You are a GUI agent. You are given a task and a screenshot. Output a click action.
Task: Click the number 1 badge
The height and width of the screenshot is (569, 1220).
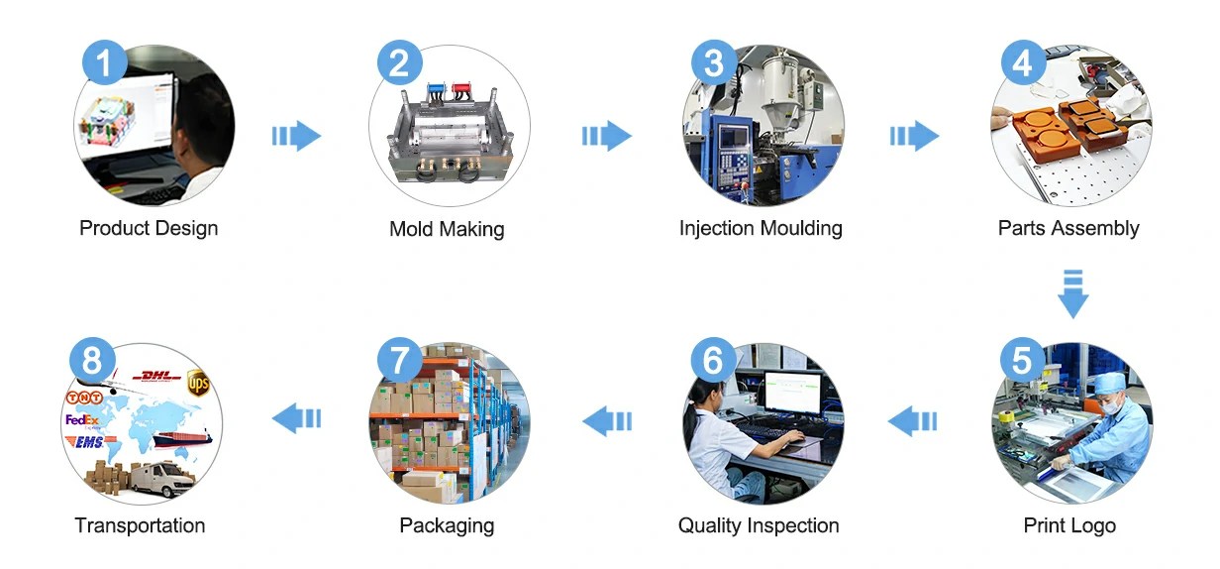coord(105,62)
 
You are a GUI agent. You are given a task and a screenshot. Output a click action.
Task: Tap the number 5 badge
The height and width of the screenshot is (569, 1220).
coord(1022,360)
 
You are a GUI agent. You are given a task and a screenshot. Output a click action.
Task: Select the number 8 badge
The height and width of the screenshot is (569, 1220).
coord(92,360)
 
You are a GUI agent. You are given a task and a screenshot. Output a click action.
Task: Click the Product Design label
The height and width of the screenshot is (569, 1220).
coord(149,228)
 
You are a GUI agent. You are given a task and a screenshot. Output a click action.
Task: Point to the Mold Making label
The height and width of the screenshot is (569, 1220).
coord(447,229)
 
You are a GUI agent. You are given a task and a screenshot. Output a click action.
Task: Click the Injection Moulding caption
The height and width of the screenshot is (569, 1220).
coord(761,228)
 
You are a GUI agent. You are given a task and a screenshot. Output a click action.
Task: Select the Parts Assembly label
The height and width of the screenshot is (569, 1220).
coord(1068,228)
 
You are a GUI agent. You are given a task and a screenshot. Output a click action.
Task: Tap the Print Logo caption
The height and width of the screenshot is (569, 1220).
coord(1069,525)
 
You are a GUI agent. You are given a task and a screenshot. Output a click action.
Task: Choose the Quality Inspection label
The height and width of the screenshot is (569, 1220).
coord(759,525)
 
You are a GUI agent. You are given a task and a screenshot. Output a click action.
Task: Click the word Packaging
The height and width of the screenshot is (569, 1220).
coord(447,525)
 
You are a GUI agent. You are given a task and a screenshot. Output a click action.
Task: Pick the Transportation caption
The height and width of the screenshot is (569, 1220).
coord(140,525)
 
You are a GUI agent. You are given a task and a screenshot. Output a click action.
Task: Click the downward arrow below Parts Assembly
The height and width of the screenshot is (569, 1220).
coord(1073,293)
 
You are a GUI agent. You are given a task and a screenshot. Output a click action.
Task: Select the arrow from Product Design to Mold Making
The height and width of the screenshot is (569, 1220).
coord(296,136)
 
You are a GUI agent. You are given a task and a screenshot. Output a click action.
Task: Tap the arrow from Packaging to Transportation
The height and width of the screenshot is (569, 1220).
coord(296,418)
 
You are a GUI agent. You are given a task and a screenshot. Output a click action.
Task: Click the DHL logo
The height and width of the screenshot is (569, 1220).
coord(156,376)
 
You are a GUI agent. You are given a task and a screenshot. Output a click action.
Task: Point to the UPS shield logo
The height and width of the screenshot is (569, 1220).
coord(198,383)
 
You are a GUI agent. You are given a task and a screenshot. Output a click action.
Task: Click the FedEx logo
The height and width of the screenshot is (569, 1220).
coord(82,420)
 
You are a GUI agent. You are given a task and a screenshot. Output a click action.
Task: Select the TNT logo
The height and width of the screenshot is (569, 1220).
coord(84,398)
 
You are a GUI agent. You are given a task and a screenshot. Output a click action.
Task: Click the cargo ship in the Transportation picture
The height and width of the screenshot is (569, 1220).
coord(182,439)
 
